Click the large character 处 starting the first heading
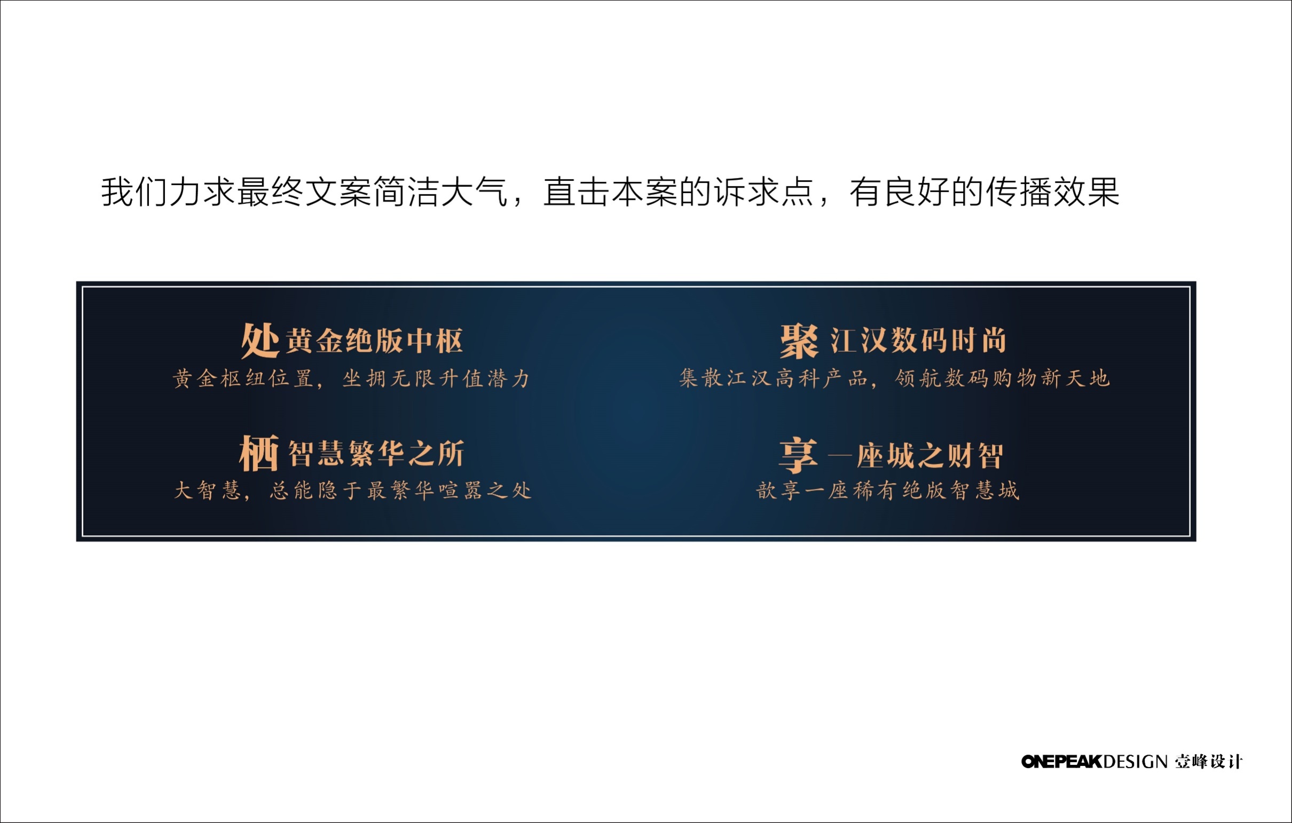(260, 340)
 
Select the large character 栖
(259, 453)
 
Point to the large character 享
(798, 455)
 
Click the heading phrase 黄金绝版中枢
(374, 341)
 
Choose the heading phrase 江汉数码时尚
(919, 341)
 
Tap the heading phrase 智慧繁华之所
(376, 454)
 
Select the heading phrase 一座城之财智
(916, 456)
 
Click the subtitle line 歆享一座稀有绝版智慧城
(887, 490)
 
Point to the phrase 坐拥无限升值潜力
(436, 379)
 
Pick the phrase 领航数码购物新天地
(1002, 379)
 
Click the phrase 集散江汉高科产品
(773, 379)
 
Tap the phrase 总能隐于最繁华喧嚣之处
(401, 490)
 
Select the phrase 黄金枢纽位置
(243, 379)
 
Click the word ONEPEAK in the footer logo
(1061, 762)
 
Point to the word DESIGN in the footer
(1135, 762)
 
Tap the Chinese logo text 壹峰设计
(1208, 762)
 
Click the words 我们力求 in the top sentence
(169, 192)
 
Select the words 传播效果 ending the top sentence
(1053, 192)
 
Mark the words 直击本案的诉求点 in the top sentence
(678, 192)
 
